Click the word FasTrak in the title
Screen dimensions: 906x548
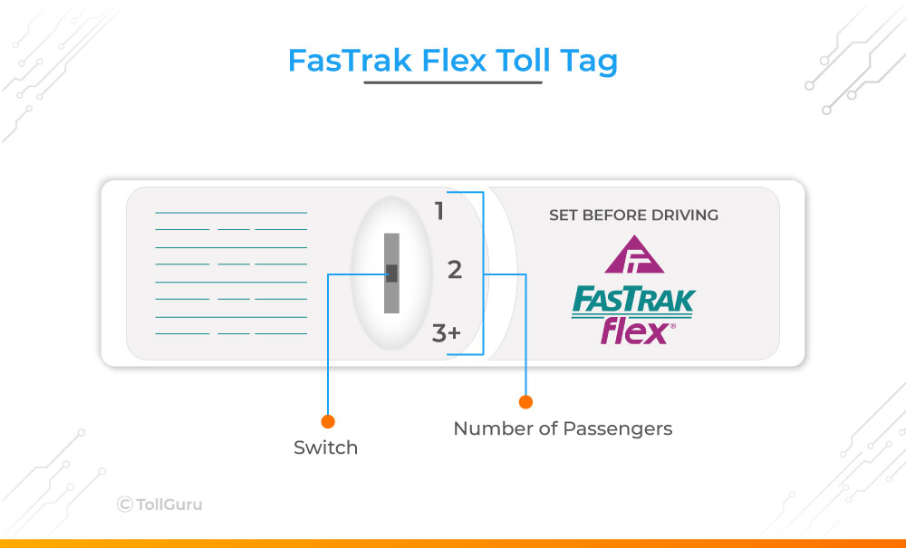pos(350,60)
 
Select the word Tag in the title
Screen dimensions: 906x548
pos(589,62)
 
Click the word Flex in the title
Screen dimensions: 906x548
pos(454,60)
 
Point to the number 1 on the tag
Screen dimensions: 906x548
pos(439,211)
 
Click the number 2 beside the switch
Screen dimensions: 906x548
pos(455,270)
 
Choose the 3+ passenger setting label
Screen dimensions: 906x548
pos(446,333)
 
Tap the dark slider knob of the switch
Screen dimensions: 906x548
pos(391,274)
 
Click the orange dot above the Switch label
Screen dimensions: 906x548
pos(328,421)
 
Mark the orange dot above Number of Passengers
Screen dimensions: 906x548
pos(525,402)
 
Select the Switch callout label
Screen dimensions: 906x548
pos(326,447)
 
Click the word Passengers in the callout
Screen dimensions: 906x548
pos(617,429)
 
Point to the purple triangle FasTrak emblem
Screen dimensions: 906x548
pos(634,255)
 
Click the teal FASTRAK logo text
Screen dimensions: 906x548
pos(634,302)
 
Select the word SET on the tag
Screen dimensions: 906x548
pos(564,215)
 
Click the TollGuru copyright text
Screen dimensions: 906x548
pos(159,505)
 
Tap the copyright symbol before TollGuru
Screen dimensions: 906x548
pos(125,505)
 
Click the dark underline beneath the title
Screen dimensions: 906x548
pos(453,82)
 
